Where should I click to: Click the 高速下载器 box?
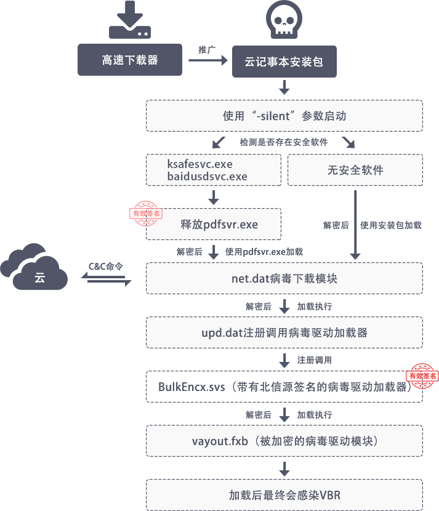coord(130,60)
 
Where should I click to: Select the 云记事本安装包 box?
coord(284,62)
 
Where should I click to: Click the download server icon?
coord(129,20)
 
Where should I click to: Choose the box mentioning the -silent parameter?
coord(284,116)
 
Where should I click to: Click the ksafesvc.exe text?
coord(199,164)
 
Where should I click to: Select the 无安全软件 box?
coord(355,170)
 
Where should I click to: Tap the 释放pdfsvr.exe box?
coord(214,224)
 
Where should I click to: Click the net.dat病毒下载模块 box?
coord(284,278)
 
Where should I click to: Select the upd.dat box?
coord(284,332)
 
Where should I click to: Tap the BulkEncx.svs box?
coord(284,387)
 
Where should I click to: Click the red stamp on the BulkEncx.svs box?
coord(422,375)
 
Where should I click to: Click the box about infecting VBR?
coord(284,494)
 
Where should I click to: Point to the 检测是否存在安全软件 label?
coord(284,142)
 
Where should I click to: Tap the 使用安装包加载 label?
coord(391,225)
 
